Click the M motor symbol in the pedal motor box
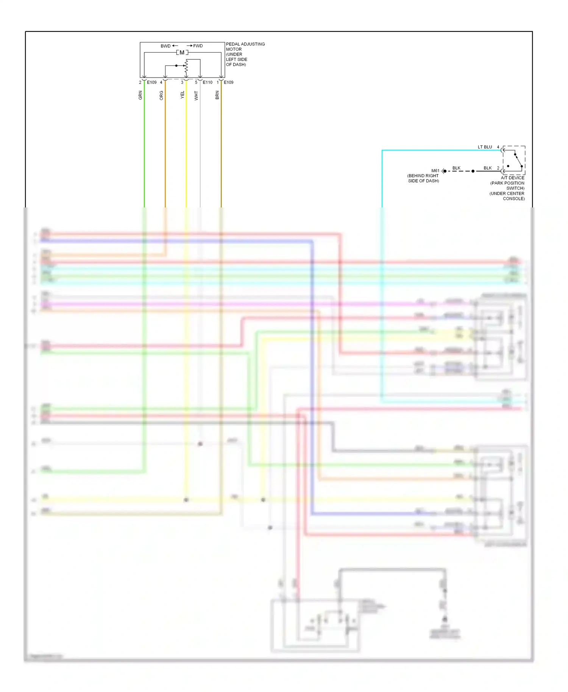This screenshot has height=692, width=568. click(x=182, y=53)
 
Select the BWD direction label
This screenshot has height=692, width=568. click(x=165, y=46)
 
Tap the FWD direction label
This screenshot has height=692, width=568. click(x=198, y=46)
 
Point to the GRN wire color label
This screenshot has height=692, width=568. click(x=140, y=95)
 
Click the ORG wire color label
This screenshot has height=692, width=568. click(x=161, y=95)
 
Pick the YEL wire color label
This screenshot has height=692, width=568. click(x=183, y=95)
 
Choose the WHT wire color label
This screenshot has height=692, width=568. click(x=196, y=95)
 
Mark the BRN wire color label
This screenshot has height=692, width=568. click(x=217, y=95)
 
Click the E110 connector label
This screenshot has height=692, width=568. click(x=208, y=83)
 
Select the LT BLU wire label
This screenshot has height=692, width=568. click(x=485, y=147)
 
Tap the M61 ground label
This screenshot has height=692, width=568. click(x=435, y=171)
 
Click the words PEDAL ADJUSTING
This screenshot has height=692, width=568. click(x=245, y=44)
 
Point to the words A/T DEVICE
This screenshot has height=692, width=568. click(x=513, y=178)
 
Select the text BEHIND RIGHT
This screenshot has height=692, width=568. click(x=423, y=176)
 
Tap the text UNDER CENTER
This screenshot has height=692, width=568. click(x=507, y=193)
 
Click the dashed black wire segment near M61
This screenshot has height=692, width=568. click(x=460, y=171)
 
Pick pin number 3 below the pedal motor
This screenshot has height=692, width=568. click(x=182, y=83)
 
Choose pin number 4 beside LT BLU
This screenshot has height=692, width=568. click(x=498, y=147)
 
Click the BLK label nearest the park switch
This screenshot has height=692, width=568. click(x=488, y=168)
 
